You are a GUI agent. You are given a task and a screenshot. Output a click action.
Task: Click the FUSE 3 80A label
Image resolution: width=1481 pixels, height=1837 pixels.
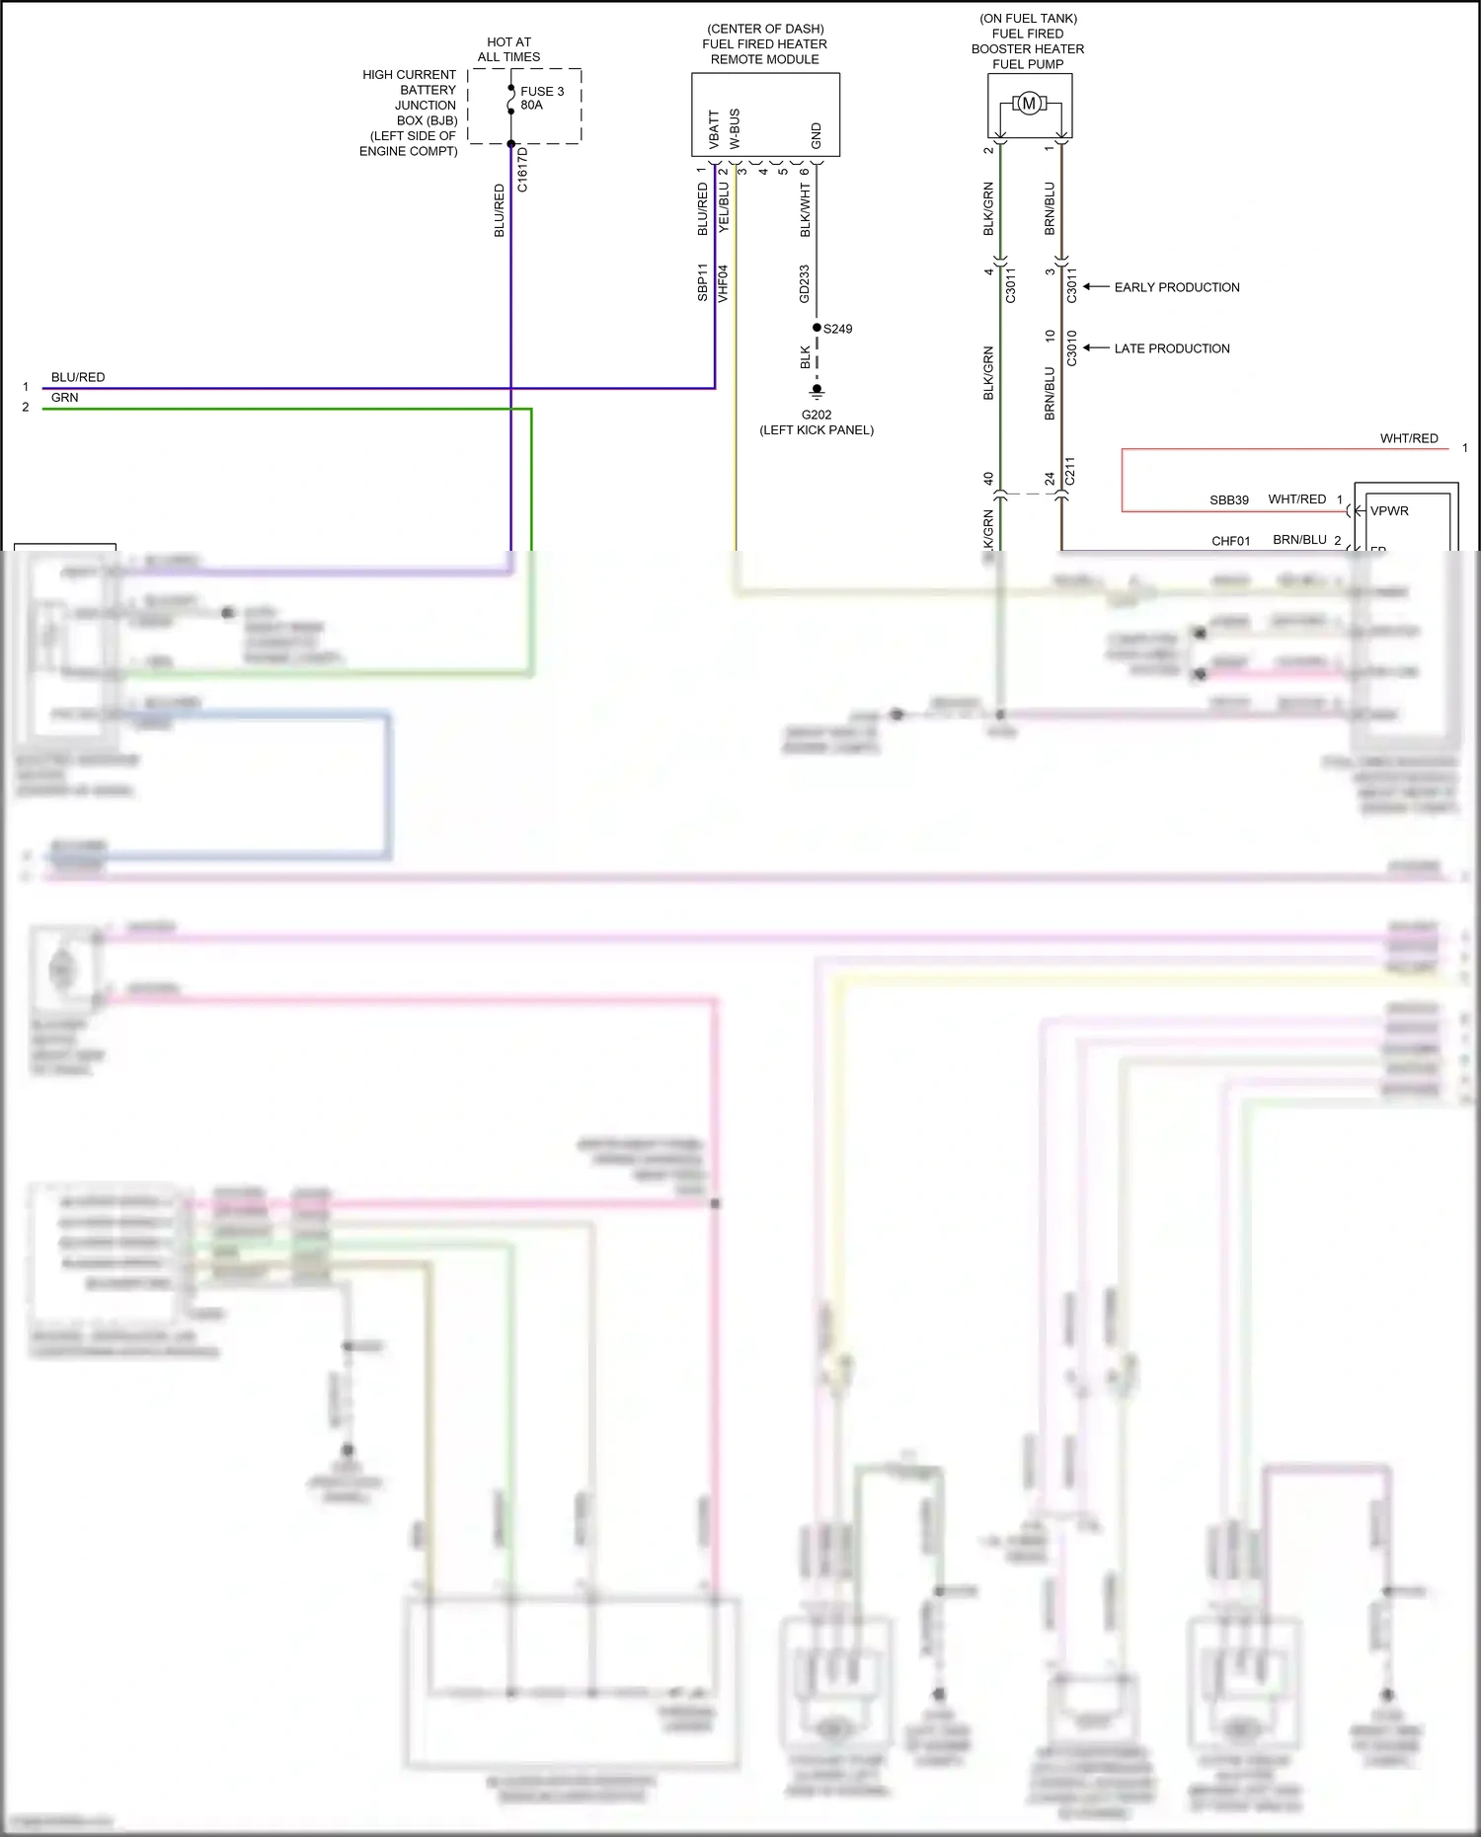click(541, 98)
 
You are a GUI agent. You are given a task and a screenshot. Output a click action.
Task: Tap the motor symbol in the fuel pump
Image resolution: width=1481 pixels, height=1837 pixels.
click(1029, 104)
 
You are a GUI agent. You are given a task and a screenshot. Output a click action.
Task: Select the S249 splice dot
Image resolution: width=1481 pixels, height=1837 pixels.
click(817, 328)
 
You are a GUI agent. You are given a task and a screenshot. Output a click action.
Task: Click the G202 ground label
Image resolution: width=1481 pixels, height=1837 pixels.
click(817, 415)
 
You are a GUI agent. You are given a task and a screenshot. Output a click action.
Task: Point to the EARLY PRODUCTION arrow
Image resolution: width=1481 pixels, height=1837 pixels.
click(1096, 287)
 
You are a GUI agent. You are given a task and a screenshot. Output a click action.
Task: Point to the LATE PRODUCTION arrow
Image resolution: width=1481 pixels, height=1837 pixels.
click(1096, 348)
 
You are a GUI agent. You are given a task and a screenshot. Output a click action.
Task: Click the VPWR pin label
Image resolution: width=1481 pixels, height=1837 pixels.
click(1389, 510)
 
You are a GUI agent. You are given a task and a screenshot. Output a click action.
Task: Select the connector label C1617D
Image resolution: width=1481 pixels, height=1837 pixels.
click(522, 169)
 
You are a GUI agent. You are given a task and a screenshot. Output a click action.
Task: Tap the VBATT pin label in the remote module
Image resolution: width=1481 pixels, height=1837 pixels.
click(714, 129)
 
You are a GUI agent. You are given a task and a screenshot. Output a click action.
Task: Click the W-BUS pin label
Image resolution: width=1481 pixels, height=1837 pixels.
click(735, 128)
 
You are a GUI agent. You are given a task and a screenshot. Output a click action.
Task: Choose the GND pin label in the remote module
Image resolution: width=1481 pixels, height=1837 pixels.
click(817, 135)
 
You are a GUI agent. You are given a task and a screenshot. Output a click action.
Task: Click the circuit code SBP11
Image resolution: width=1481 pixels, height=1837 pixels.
click(702, 282)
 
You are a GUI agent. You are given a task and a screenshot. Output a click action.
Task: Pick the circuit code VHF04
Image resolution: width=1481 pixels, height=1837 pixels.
click(723, 282)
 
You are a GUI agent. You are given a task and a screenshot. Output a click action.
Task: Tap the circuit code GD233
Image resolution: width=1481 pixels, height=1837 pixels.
click(805, 283)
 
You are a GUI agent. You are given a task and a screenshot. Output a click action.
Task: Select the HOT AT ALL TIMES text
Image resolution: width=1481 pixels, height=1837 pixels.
click(508, 49)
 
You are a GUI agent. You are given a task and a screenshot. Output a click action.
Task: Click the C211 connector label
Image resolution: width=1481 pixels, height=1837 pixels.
click(1069, 472)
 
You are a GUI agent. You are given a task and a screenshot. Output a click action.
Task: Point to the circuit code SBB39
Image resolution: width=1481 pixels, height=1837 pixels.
click(1229, 500)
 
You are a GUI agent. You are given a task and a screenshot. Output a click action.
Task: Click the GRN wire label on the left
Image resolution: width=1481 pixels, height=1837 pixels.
click(65, 398)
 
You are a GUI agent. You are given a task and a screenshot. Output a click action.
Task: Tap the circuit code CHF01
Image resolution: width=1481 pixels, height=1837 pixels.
click(1231, 541)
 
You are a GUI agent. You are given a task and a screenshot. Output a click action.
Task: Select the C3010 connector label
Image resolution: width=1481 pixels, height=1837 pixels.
click(1071, 347)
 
